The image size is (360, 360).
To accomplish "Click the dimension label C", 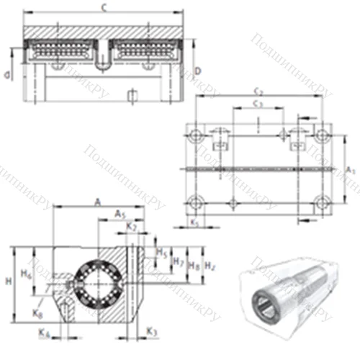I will pos(105,8).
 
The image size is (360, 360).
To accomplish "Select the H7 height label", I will pos(179,262).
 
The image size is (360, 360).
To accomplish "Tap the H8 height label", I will pos(193,265).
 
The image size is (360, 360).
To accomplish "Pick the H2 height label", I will pos(210,265).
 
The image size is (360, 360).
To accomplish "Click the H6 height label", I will pos(26,274).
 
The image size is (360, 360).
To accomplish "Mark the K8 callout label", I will pos(38,314).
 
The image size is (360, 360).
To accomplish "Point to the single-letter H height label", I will pos(7,279).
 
